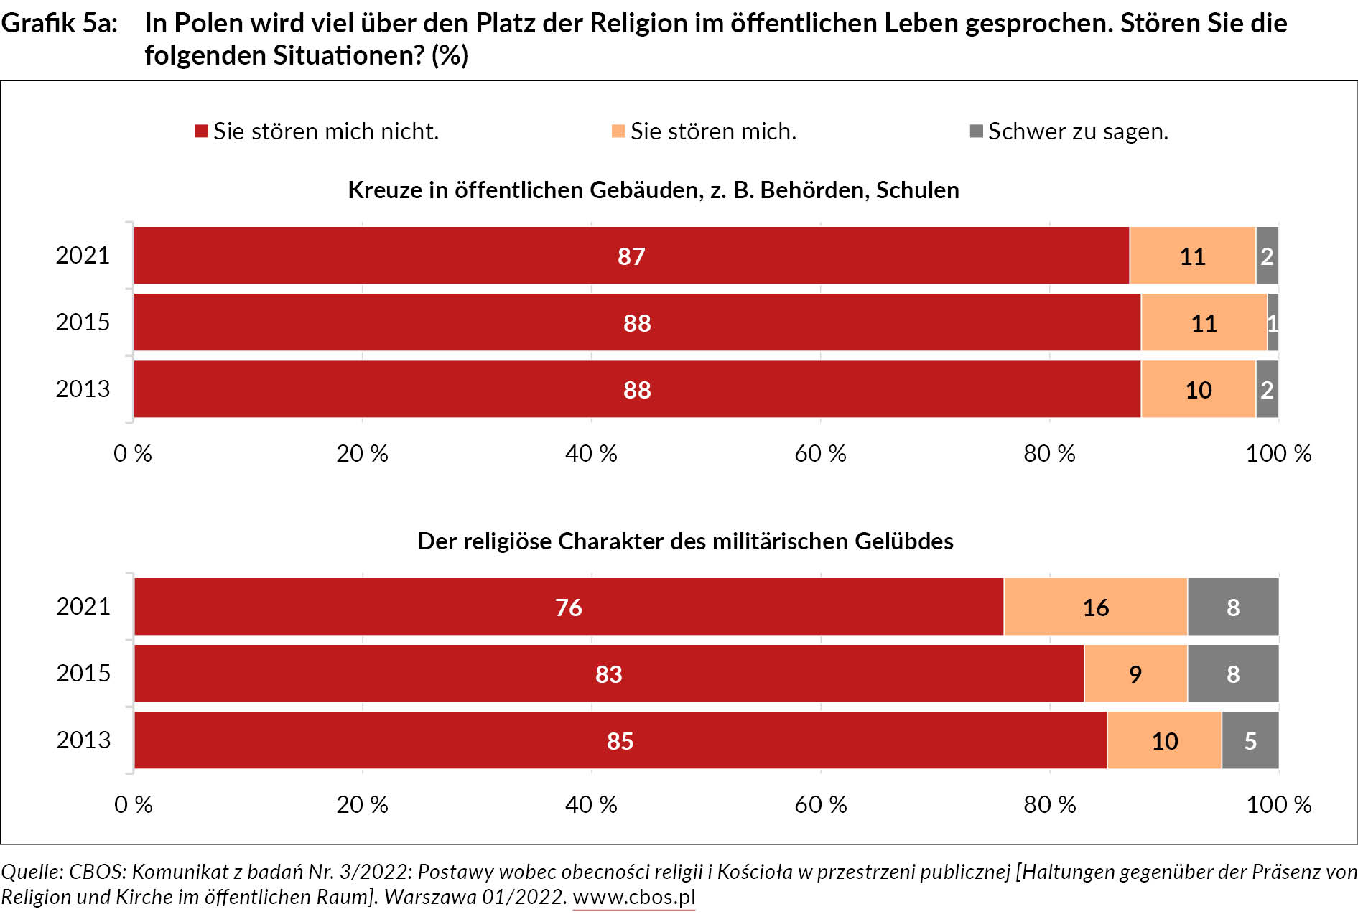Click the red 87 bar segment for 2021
tap(631, 256)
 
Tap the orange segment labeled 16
tap(1095, 607)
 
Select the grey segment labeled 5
tap(1250, 740)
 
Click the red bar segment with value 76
tap(568, 607)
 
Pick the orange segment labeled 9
tap(1135, 674)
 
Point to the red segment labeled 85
tap(620, 740)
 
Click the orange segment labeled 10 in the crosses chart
tap(1198, 389)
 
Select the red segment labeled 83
tap(608, 674)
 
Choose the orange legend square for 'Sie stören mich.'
tap(618, 131)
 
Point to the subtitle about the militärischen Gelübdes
tap(685, 541)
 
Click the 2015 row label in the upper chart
tap(83, 322)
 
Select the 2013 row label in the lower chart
tap(83, 740)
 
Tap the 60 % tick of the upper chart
tap(820, 453)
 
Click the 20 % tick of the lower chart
tap(362, 804)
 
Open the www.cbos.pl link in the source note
tap(633, 898)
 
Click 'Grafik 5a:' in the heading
tap(60, 23)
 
